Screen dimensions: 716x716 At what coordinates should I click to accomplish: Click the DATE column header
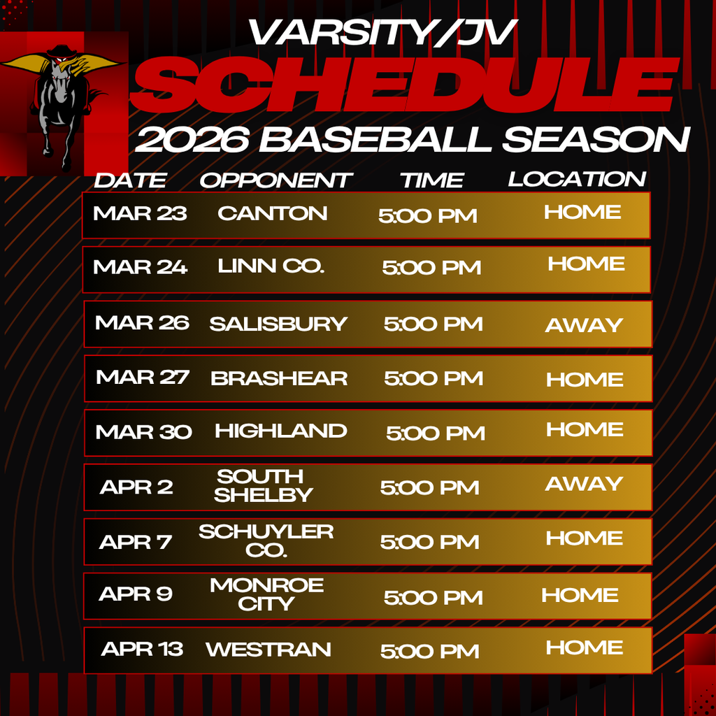[x=130, y=180]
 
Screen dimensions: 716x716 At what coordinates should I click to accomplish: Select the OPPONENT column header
[x=274, y=180]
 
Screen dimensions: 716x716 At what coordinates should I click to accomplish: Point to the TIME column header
[x=431, y=180]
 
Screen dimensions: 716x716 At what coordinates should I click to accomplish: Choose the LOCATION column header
[x=577, y=179]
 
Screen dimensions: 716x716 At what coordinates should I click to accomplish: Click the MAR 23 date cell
[x=140, y=213]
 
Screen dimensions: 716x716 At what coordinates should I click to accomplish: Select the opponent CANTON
[x=272, y=213]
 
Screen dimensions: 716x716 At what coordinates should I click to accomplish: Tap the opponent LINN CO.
[x=271, y=266]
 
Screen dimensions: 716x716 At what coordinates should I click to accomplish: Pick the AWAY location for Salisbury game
[x=584, y=325]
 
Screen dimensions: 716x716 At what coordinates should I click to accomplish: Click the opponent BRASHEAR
[x=279, y=378]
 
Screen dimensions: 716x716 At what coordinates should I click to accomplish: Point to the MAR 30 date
[x=143, y=431]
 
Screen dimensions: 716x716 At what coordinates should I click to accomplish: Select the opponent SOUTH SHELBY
[x=262, y=485]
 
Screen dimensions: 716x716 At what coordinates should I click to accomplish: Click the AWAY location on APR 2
[x=584, y=484]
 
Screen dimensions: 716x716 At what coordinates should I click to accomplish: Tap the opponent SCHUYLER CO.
[x=266, y=540]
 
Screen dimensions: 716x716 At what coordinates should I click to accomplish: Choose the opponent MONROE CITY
[x=266, y=594]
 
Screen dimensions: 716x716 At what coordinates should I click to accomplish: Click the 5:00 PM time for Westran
[x=429, y=652]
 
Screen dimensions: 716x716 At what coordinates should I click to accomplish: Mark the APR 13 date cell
[x=142, y=649]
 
